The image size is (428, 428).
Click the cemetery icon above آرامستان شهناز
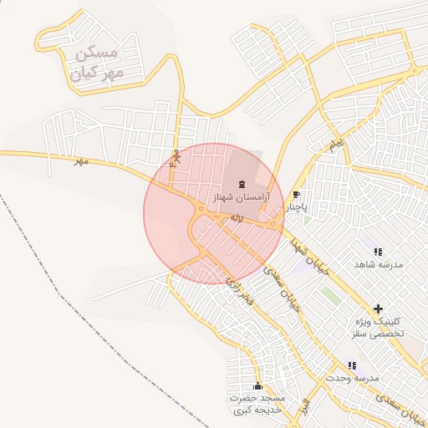[242, 184]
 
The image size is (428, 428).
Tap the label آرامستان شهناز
[242, 199]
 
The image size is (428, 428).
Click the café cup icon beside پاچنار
[296, 194]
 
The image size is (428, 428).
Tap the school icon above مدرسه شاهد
[378, 251]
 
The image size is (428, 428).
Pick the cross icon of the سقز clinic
[378, 309]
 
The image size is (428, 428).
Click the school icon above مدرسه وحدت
[352, 365]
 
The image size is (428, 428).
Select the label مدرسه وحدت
[352, 378]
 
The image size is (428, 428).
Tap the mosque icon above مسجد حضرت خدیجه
[257, 386]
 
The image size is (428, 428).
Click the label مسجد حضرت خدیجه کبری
[257, 404]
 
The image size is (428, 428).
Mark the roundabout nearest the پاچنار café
[274, 223]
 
